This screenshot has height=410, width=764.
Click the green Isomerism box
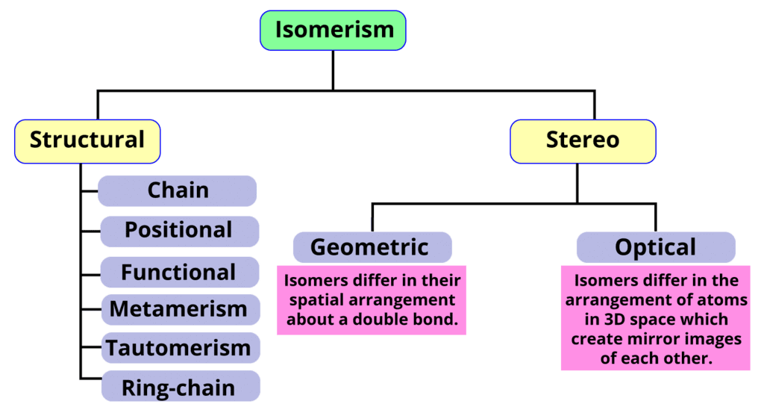tap(333, 31)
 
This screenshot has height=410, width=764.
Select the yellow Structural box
tap(87, 140)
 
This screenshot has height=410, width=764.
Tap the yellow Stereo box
tap(583, 140)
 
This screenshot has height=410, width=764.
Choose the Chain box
tap(178, 190)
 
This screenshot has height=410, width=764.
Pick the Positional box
tap(178, 230)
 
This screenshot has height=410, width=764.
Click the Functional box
tap(178, 273)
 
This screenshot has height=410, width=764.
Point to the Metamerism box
tap(178, 308)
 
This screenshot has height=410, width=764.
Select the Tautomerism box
tap(178, 348)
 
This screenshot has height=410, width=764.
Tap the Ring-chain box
tap(178, 388)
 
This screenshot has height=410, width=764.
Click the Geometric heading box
tap(371, 247)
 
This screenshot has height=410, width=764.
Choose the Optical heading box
tap(655, 247)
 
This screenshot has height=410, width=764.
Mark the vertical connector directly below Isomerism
tap(333, 71)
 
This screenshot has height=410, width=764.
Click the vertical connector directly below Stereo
tap(577, 183)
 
